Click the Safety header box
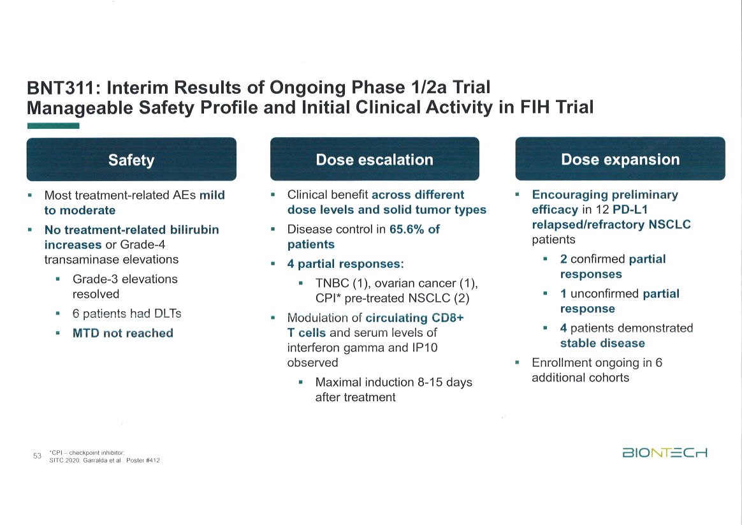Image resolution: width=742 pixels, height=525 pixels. [131, 159]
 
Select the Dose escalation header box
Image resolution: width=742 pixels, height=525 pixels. [374, 159]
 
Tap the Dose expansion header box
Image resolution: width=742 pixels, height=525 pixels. [620, 159]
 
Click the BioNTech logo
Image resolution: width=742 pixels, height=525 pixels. [664, 453]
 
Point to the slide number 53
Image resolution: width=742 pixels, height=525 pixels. [37, 455]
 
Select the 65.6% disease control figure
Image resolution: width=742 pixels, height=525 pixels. [414, 229]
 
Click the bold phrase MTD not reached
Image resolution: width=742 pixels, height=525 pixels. [123, 333]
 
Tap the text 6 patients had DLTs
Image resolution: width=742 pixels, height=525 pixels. [127, 314]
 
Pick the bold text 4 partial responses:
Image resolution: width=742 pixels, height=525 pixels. [346, 263]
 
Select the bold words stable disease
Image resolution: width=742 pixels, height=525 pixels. [602, 343]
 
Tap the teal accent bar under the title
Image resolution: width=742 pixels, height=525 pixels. [53, 126]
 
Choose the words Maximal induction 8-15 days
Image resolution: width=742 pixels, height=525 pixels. [394, 382]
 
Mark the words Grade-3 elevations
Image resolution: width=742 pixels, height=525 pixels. [125, 279]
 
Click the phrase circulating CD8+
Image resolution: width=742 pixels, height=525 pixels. [414, 318]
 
